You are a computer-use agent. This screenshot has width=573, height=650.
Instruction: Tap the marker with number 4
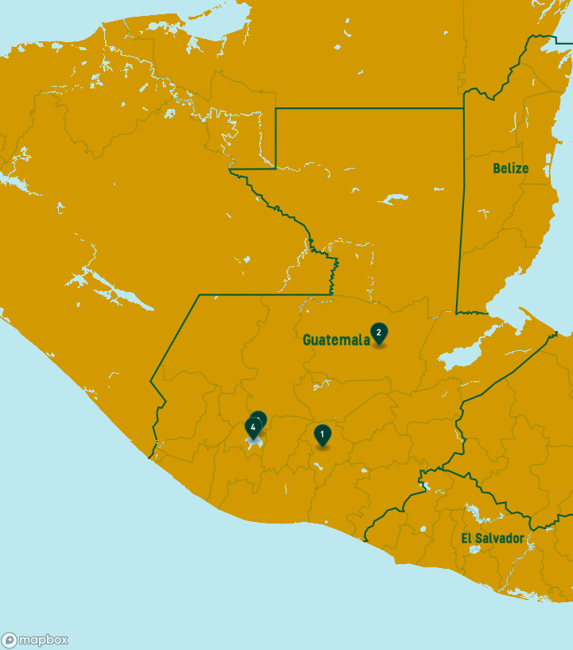coord(253,428)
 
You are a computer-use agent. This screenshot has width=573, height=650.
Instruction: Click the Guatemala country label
coord(336,340)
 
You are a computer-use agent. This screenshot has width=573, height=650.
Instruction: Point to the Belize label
coord(510,169)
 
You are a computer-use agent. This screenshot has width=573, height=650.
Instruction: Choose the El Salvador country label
coord(493,539)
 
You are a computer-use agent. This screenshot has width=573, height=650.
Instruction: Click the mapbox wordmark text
coord(44,640)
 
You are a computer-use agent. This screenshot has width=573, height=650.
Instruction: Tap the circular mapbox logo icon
coord(10,640)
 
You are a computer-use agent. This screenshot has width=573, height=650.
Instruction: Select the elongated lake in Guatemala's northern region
coord(393,199)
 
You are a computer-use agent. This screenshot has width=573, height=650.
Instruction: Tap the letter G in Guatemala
coord(307,340)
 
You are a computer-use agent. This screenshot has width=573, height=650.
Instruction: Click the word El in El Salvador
coord(466,539)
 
